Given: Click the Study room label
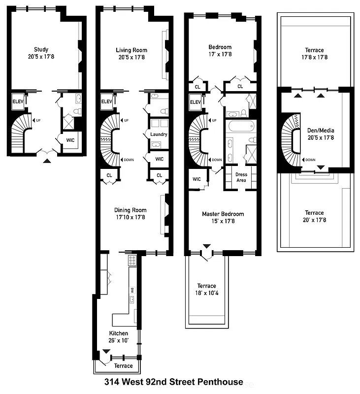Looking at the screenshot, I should click(x=41, y=49).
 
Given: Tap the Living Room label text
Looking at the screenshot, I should click(x=131, y=50).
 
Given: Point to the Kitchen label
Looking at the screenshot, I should click(x=119, y=333).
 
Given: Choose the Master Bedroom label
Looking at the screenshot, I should click(x=223, y=214).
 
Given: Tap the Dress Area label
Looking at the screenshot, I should click(x=241, y=177).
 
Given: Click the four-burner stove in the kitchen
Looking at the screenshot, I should click(x=131, y=260).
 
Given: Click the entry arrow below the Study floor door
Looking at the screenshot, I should click(x=47, y=160).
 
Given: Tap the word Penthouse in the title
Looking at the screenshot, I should click(x=220, y=382).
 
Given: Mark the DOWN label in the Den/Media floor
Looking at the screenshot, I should click(x=310, y=160).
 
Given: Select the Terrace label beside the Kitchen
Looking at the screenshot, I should click(x=123, y=366).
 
